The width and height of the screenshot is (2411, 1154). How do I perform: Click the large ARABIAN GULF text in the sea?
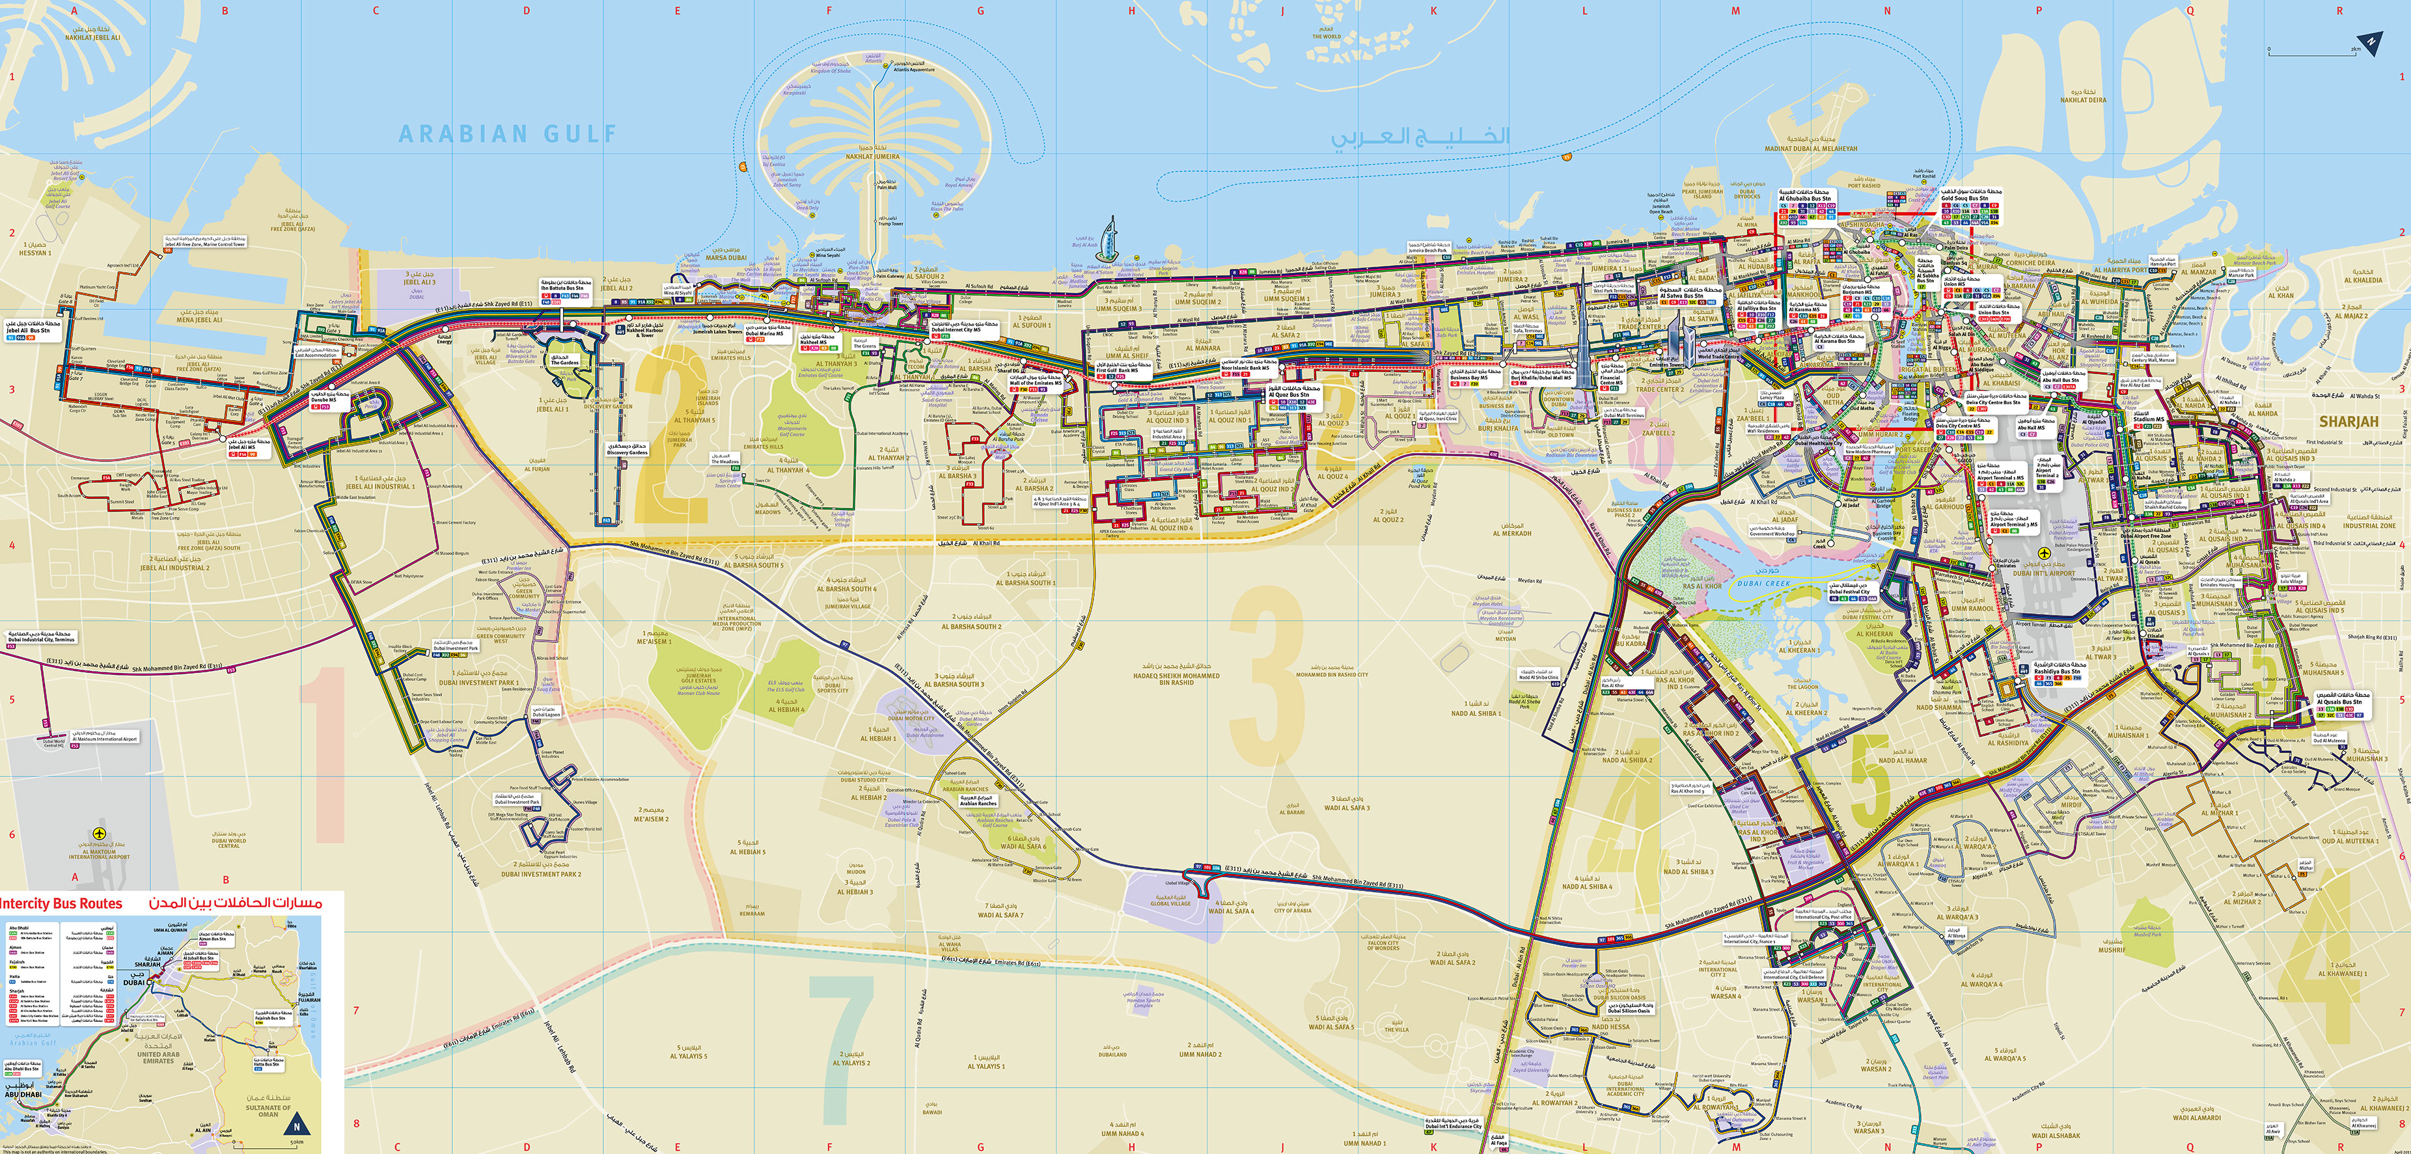[x=508, y=134]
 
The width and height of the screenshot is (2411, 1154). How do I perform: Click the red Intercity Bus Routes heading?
[x=61, y=903]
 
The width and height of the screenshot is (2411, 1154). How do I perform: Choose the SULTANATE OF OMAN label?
[x=269, y=1110]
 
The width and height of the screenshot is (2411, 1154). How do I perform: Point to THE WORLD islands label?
[x=1326, y=36]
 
